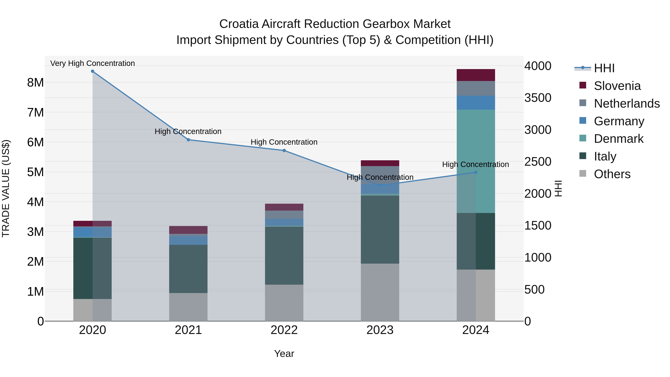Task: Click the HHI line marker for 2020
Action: click(x=93, y=71)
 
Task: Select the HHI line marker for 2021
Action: click(x=188, y=140)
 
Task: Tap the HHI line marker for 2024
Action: click(x=476, y=172)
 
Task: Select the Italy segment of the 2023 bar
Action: click(x=380, y=230)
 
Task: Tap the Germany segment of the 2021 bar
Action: click(x=188, y=240)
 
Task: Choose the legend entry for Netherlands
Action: click(x=627, y=104)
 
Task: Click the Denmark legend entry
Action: click(x=618, y=139)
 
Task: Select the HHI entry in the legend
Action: click(x=604, y=68)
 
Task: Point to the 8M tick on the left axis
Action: click(x=35, y=83)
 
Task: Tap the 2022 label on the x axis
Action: click(x=284, y=330)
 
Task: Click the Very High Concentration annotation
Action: click(x=93, y=63)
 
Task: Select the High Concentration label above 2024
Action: click(x=476, y=164)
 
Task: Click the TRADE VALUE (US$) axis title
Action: click(x=6, y=188)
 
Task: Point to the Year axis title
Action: click(x=284, y=354)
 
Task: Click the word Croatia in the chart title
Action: click(x=239, y=24)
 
